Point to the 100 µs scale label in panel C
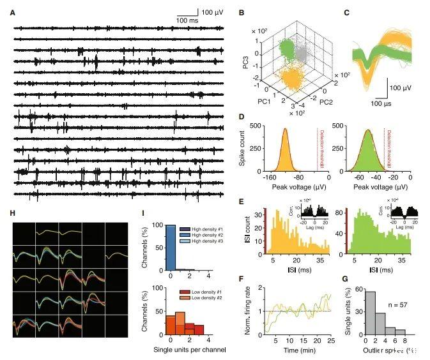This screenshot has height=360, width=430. (x=380, y=102)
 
